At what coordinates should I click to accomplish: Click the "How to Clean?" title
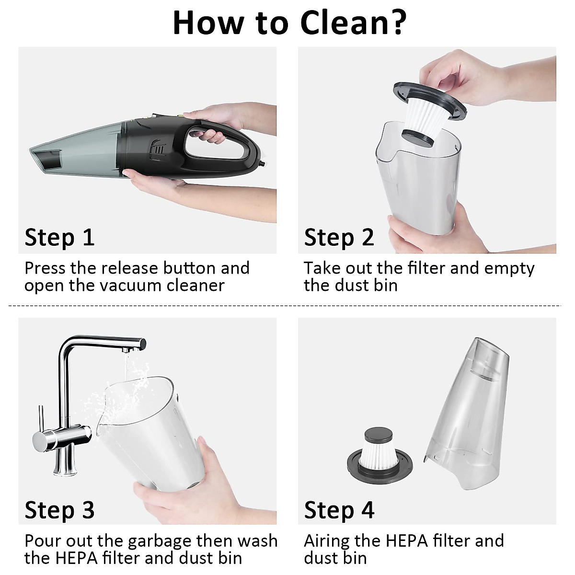pyautogui.click(x=289, y=23)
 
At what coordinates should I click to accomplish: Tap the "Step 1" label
pyautogui.click(x=60, y=238)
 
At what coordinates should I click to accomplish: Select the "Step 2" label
pyautogui.click(x=339, y=238)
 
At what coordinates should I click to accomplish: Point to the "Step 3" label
pyautogui.click(x=60, y=510)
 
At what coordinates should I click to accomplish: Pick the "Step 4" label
pyautogui.click(x=339, y=510)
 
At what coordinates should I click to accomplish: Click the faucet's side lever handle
pyautogui.click(x=41, y=420)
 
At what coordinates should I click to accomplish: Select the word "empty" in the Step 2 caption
pyautogui.click(x=509, y=269)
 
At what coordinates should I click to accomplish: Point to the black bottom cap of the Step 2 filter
pyautogui.click(x=417, y=138)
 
